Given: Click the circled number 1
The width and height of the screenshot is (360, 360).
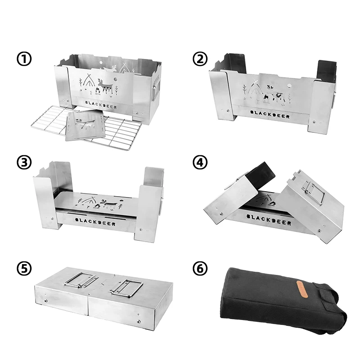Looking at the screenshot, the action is (x=24, y=59).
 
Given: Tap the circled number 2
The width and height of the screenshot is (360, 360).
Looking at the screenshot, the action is (x=200, y=59).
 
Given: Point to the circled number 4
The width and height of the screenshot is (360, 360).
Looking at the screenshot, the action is (x=200, y=162).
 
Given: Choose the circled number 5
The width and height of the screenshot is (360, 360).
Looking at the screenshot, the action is (x=24, y=268).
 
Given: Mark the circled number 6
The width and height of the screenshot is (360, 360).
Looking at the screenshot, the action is (x=200, y=268).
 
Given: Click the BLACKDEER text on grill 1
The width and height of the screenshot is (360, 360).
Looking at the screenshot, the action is (x=101, y=105).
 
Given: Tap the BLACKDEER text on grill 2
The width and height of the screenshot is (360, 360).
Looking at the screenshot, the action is (x=270, y=114).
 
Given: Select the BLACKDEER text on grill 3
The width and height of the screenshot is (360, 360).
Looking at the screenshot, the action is (x=95, y=222).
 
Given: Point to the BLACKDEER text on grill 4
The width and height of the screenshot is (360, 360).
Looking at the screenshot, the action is (x=269, y=219).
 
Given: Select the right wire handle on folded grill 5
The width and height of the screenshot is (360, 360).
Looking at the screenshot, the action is (x=127, y=288).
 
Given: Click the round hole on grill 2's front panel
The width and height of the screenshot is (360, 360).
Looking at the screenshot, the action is (x=289, y=85).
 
